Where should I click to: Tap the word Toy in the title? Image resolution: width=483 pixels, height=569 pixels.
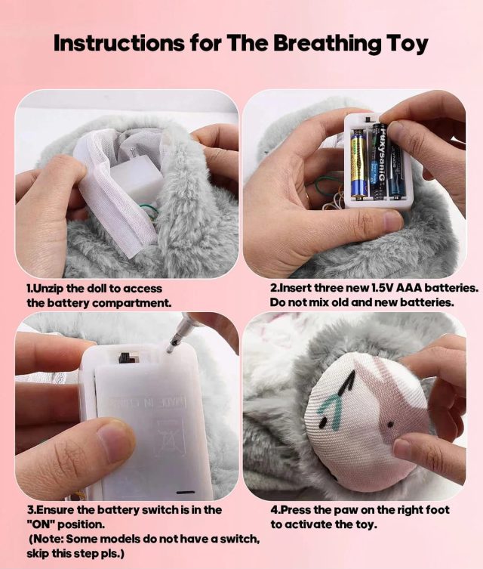[x=407, y=44]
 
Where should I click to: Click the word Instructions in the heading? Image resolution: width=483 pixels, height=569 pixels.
[x=119, y=43]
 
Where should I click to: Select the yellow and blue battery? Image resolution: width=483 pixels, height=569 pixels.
[x=358, y=165]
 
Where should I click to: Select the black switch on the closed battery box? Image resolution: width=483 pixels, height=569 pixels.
[x=125, y=357]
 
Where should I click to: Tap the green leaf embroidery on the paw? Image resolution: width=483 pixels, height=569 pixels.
[x=331, y=410]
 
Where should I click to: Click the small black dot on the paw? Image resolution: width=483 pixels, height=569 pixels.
[x=390, y=424]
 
